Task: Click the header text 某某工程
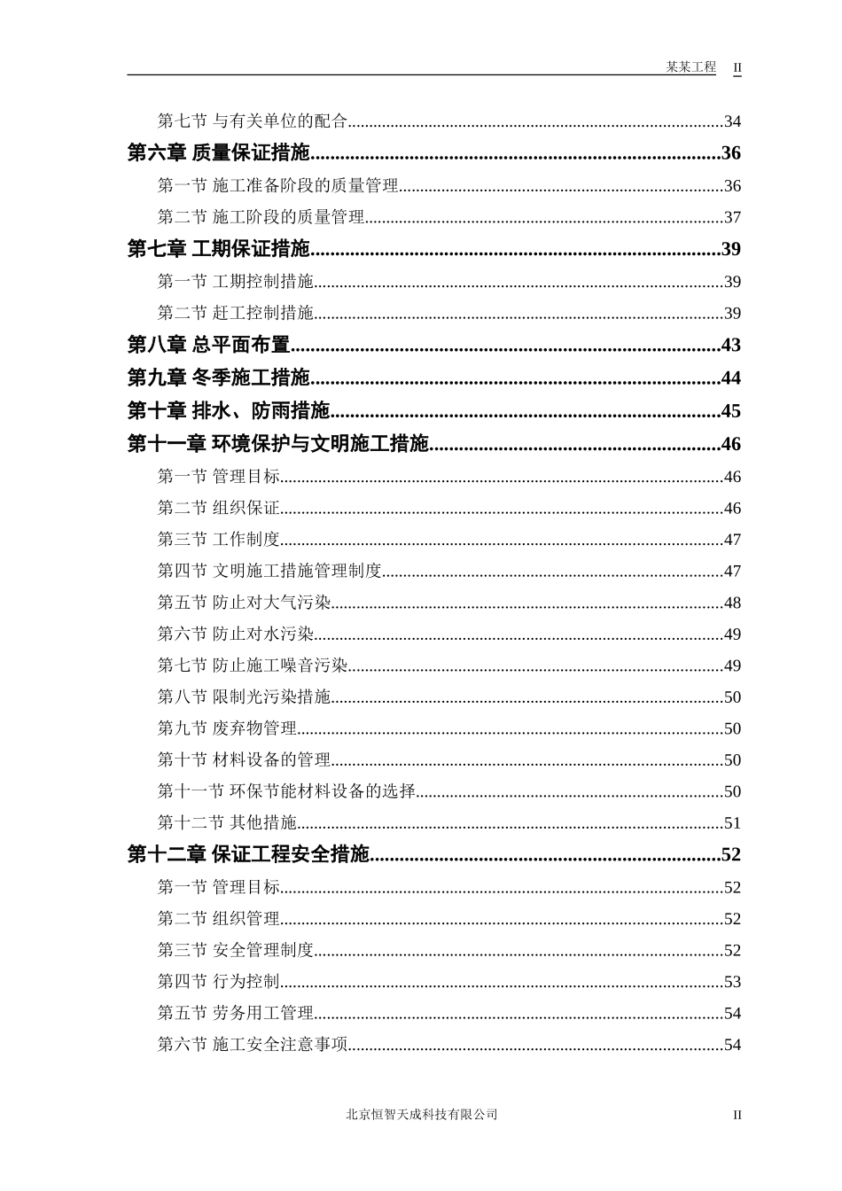(690, 67)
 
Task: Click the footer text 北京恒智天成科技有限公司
(421, 1115)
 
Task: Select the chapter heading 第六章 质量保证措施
(218, 153)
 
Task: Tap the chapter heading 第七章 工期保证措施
(218, 249)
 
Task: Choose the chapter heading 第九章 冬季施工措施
(218, 378)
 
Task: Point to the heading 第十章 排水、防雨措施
(228, 411)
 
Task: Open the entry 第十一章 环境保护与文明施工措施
(277, 444)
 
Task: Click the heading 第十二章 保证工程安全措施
(247, 854)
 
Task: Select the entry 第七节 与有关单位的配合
(252, 121)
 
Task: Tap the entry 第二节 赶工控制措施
(235, 313)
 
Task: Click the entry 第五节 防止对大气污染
(244, 603)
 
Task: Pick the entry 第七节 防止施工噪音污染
(252, 666)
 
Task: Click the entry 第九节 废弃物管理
(227, 728)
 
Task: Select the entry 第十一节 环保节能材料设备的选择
(286, 791)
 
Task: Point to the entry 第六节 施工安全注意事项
(252, 1045)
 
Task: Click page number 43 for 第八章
(730, 345)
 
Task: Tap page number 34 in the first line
(732, 121)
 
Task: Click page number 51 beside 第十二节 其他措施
(732, 823)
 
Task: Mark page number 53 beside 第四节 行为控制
(732, 982)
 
